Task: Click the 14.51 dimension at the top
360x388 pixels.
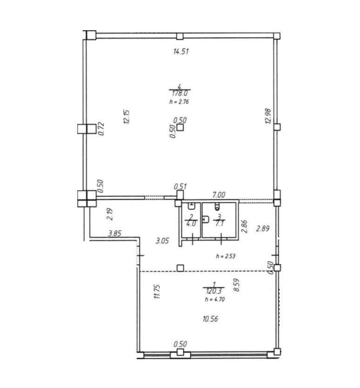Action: click(181, 52)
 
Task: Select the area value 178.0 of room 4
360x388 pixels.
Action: click(180, 94)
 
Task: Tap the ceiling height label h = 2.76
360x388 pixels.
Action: click(179, 102)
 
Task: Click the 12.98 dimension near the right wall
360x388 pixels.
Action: click(268, 116)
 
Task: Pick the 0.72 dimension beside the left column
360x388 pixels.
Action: click(101, 129)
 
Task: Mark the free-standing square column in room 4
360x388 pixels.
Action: click(180, 127)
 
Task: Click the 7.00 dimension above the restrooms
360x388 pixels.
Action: click(219, 195)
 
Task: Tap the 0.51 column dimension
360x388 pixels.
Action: click(180, 187)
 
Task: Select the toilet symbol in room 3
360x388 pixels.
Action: click(217, 206)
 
